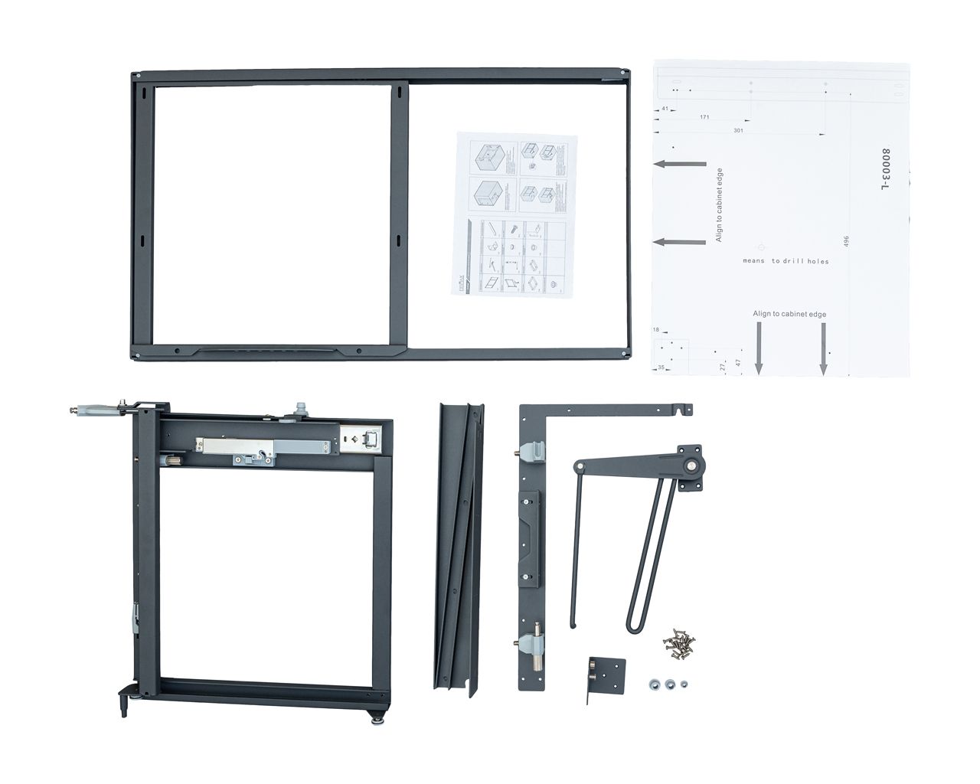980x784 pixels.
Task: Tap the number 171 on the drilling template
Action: point(703,118)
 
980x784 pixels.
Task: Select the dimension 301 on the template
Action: point(738,131)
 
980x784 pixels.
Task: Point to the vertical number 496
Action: point(846,241)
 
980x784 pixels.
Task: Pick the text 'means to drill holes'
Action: point(786,261)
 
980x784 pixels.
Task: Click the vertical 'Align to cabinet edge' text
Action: point(719,205)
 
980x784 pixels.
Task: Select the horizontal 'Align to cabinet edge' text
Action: point(789,314)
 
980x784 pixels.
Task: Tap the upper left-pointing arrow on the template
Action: point(680,164)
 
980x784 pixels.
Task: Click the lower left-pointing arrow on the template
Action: point(680,242)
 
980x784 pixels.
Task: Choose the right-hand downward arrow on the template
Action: point(823,348)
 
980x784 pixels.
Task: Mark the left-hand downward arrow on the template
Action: point(759,348)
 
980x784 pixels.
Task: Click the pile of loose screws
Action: point(678,642)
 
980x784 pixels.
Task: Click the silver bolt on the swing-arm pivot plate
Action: point(692,465)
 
